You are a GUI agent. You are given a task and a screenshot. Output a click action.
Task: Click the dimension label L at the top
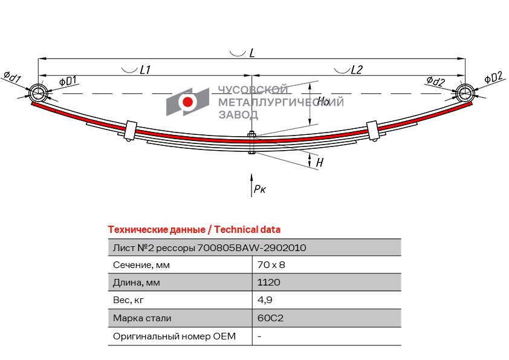click(x=252, y=53)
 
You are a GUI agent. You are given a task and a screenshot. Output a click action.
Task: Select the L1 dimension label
click(x=145, y=70)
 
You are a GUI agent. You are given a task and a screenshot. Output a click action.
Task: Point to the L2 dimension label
click(x=357, y=70)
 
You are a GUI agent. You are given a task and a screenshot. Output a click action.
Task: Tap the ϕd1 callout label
click(x=12, y=77)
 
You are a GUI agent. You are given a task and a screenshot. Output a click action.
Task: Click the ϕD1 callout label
click(x=68, y=81)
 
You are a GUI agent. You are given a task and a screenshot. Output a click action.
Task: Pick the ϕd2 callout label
click(x=435, y=81)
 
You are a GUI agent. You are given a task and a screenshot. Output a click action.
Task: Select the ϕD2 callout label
click(x=493, y=77)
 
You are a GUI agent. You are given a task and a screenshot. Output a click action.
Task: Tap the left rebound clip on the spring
click(x=131, y=131)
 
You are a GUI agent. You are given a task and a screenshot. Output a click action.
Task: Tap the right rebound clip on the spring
click(x=372, y=131)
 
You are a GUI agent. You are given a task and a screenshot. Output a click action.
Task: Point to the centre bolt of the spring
click(x=251, y=142)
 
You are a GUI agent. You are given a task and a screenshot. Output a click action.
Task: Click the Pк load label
click(x=260, y=188)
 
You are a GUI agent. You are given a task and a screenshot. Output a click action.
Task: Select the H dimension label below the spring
click(x=319, y=162)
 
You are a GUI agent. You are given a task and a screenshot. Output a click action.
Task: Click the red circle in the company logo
click(x=187, y=102)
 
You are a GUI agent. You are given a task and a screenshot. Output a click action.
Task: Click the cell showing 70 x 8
click(x=271, y=265)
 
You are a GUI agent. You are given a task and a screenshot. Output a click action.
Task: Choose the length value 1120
click(x=269, y=282)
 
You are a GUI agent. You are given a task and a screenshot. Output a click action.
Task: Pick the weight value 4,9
click(x=265, y=300)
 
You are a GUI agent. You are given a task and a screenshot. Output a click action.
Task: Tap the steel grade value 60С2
click(x=270, y=318)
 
